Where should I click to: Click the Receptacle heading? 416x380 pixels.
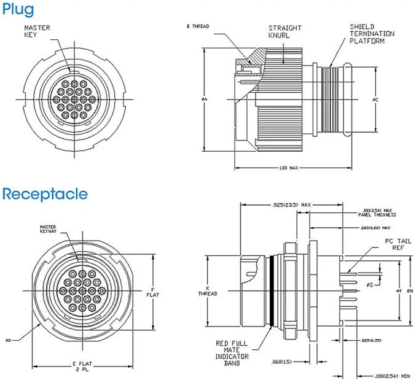[44, 194]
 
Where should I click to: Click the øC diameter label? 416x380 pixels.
[383, 99]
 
